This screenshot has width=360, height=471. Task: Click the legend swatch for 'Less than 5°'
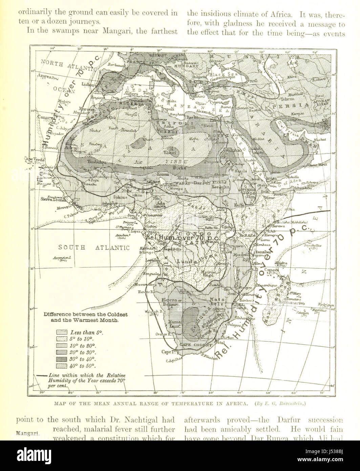pos(62,332)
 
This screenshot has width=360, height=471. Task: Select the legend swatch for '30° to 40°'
pos(62,359)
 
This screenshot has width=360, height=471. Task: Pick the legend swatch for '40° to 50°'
pos(62,366)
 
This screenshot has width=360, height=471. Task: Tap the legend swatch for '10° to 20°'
pos(62,346)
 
